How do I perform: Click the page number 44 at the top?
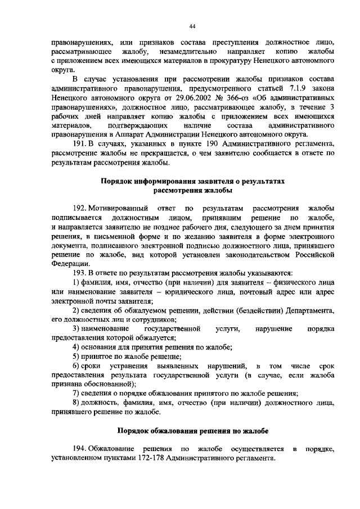(x=192, y=26)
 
